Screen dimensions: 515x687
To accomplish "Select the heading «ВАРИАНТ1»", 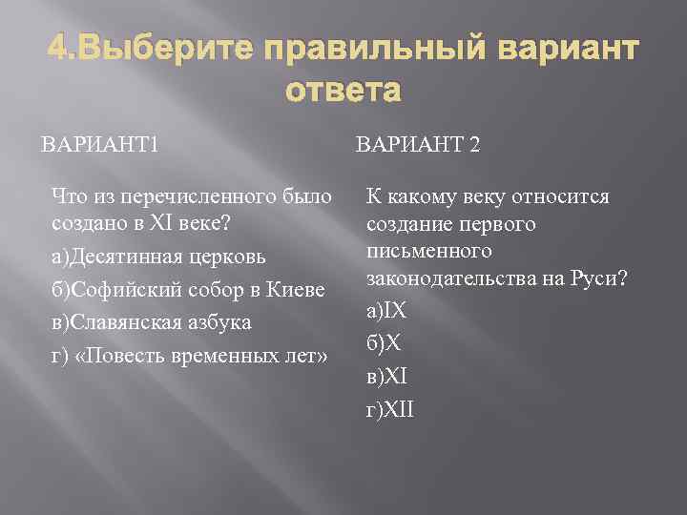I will tap(99, 145).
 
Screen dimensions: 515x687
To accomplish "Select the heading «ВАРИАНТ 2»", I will tap(418, 145).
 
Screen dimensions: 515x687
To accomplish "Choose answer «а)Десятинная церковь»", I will tap(158, 257).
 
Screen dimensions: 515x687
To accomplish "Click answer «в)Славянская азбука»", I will tap(152, 322).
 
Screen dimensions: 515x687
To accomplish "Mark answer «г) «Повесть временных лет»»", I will tap(190, 356).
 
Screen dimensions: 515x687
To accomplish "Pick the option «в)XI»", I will tap(385, 377).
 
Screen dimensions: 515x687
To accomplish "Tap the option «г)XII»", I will tap(389, 410).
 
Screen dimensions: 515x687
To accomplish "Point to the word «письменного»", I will tap(428, 251).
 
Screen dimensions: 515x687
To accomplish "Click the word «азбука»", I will tap(220, 322).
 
